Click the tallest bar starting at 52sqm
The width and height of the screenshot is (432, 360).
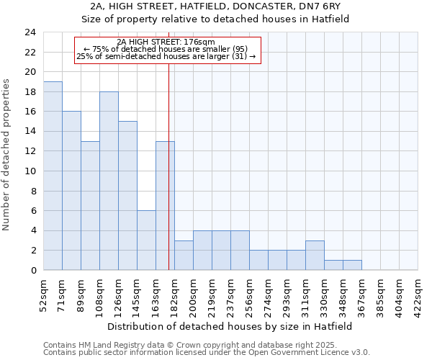pyautogui.click(x=53, y=176)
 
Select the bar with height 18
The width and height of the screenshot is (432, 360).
pyautogui.click(x=109, y=181)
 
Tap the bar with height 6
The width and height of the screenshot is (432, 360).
pyautogui.click(x=146, y=240)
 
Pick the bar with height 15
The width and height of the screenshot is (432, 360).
pyautogui.click(x=127, y=196)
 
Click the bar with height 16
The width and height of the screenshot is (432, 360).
pyautogui.click(x=71, y=191)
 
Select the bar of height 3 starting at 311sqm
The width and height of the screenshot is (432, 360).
pyautogui.click(x=315, y=255)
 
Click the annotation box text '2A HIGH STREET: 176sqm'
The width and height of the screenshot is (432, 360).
pyautogui.click(x=166, y=42)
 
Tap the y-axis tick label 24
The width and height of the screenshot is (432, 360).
pyautogui.click(x=30, y=32)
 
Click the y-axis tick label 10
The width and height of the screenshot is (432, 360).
pyautogui.click(x=30, y=171)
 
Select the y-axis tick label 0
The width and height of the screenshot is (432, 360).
pyautogui.click(x=32, y=271)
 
